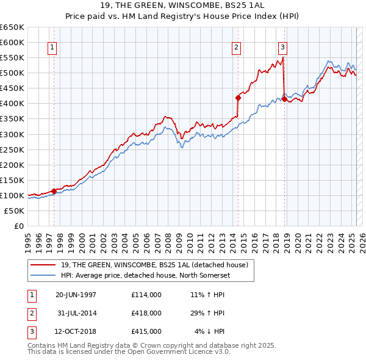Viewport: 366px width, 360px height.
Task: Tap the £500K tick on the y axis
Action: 12,73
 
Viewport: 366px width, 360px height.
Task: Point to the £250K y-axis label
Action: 12,149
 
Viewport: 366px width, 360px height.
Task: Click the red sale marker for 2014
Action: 239,98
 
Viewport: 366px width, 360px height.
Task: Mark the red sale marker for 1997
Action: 54,191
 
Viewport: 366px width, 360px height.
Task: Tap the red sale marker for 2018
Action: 284,99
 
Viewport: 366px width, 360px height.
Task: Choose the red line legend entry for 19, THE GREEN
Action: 154,265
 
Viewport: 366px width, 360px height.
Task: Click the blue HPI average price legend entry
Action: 145,275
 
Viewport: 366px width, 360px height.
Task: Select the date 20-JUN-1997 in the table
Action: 76,295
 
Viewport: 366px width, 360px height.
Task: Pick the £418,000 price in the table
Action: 146,313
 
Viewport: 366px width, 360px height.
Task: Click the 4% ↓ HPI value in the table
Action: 210,331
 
